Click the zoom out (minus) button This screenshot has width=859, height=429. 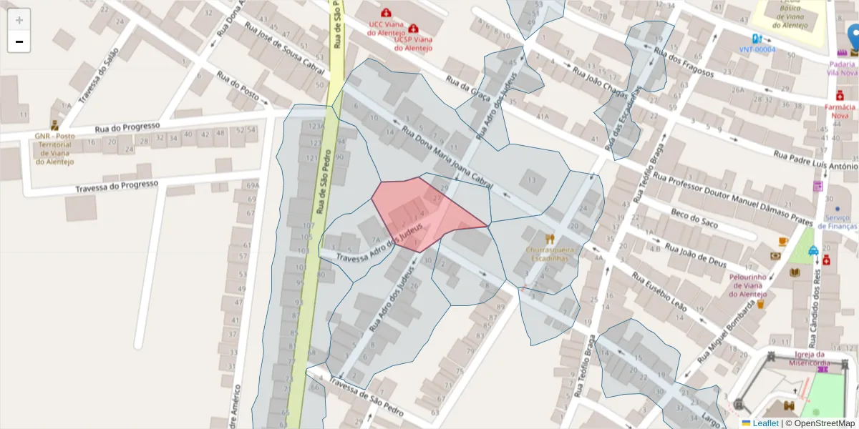19,41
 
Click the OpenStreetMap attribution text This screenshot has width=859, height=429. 820,423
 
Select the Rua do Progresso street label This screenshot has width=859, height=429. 127,128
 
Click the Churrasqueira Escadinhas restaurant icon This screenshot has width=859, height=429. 550,239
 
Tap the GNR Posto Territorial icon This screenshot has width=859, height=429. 54,124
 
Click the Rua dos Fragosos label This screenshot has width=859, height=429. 684,60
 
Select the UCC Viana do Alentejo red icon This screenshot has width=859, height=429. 387,12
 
